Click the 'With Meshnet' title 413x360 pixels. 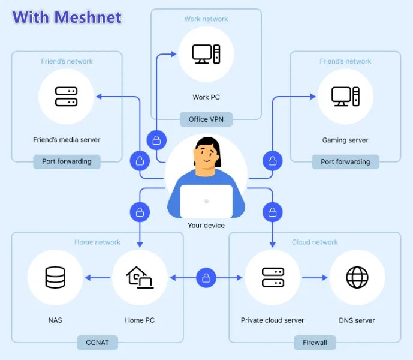[67, 17]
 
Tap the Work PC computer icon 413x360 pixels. [206, 55]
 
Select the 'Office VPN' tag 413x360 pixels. [206, 119]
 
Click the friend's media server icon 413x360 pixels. [66, 97]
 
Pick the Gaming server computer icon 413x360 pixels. [345, 97]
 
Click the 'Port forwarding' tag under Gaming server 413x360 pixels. [345, 161]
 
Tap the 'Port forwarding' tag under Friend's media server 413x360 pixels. [67, 161]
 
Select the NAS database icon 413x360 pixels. [55, 277]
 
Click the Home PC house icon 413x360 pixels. [140, 277]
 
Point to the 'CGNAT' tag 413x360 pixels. [97, 343]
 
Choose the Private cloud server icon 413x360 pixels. [273, 277]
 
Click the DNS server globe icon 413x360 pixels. [357, 277]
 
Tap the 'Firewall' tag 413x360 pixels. [315, 343]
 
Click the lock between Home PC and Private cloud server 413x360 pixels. [206, 278]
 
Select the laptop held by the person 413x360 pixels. [206, 201]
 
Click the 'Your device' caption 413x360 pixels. [206, 226]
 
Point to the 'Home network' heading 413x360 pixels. [97, 242]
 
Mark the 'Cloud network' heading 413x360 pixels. [315, 242]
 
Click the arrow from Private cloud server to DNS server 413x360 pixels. [314, 278]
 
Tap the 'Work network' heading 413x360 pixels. [206, 19]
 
